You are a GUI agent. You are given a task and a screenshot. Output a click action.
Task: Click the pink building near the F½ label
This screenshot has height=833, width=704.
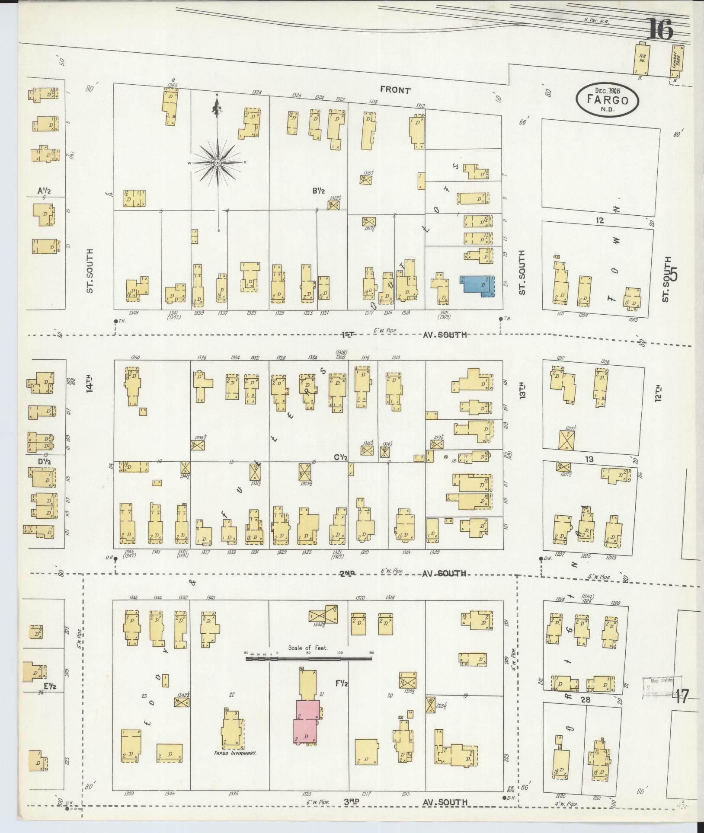[x=307, y=721]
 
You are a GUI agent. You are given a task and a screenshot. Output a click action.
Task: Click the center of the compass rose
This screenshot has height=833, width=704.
[x=218, y=163]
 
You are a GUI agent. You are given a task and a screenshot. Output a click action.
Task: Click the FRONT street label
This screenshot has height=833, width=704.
[x=395, y=90]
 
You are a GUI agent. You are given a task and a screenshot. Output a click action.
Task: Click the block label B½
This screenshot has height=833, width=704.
[x=319, y=190]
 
